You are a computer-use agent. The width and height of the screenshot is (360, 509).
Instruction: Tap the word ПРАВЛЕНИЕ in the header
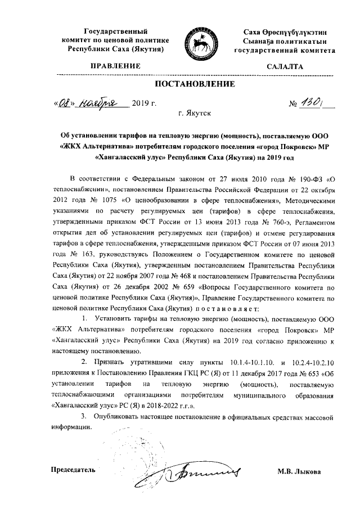118,66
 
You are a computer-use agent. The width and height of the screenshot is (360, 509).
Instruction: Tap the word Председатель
73,470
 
